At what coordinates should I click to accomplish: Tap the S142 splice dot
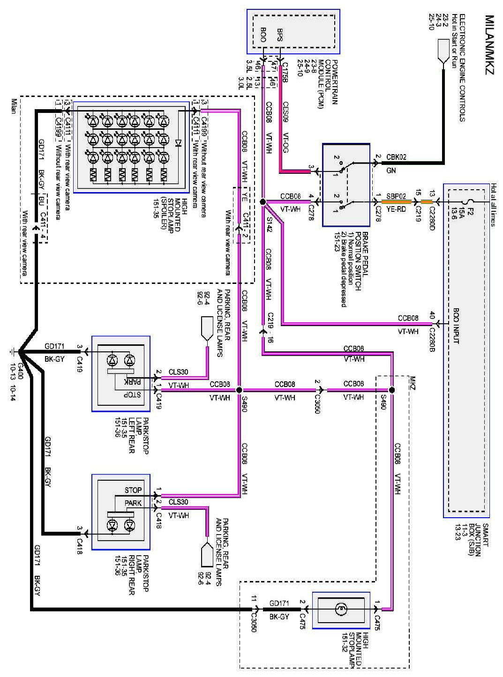[x=263, y=202]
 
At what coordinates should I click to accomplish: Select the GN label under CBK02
[x=391, y=171]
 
